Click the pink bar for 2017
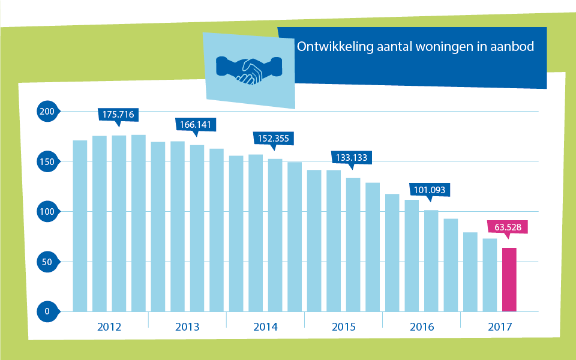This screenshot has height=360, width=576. tap(509, 280)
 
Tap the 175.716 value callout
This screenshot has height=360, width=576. tap(118, 114)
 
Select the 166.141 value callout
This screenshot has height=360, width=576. tap(196, 124)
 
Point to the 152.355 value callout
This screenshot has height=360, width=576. tap(274, 138)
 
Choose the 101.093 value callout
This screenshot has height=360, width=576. tap(430, 190)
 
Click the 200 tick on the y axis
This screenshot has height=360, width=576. tap(46, 112)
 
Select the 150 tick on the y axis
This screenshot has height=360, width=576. tap(46, 162)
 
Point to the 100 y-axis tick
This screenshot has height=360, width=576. tap(46, 212)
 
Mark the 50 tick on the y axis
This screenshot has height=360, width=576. tap(46, 262)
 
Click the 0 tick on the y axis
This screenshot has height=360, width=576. tap(46, 311)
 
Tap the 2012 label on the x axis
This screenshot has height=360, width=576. tap(109, 327)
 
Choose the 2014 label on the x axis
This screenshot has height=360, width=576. tap(265, 327)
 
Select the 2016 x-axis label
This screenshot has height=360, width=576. tap(422, 327)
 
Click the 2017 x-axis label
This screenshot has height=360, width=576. tap(500, 327)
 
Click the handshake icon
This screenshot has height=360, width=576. tap(248, 70)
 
